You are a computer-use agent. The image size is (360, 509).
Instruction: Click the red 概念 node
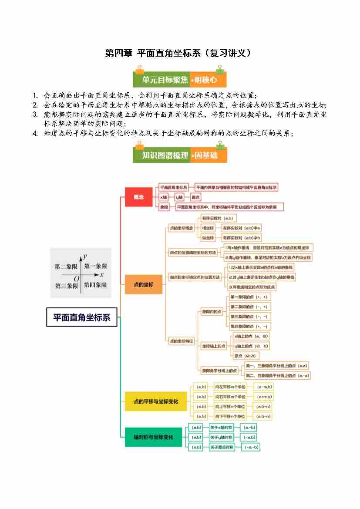point(138,197)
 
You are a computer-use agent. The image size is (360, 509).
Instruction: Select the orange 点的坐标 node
point(143,284)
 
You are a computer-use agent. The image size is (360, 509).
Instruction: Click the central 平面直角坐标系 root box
point(82,317)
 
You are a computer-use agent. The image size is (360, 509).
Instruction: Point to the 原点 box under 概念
point(196,197)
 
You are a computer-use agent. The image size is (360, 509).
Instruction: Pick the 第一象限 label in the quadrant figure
point(95,266)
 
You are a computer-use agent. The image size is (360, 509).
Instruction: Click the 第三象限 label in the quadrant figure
point(66,286)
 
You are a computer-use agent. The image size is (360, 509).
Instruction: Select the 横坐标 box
point(208,228)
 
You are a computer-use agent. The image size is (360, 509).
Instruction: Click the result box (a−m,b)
point(264,387)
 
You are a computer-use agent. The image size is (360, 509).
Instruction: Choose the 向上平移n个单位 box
point(230,406)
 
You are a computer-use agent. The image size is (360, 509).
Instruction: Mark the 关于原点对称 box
point(222,447)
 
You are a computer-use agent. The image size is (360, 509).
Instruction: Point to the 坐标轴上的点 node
point(214,346)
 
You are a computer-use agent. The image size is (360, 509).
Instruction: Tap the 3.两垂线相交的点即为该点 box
point(252,287)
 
